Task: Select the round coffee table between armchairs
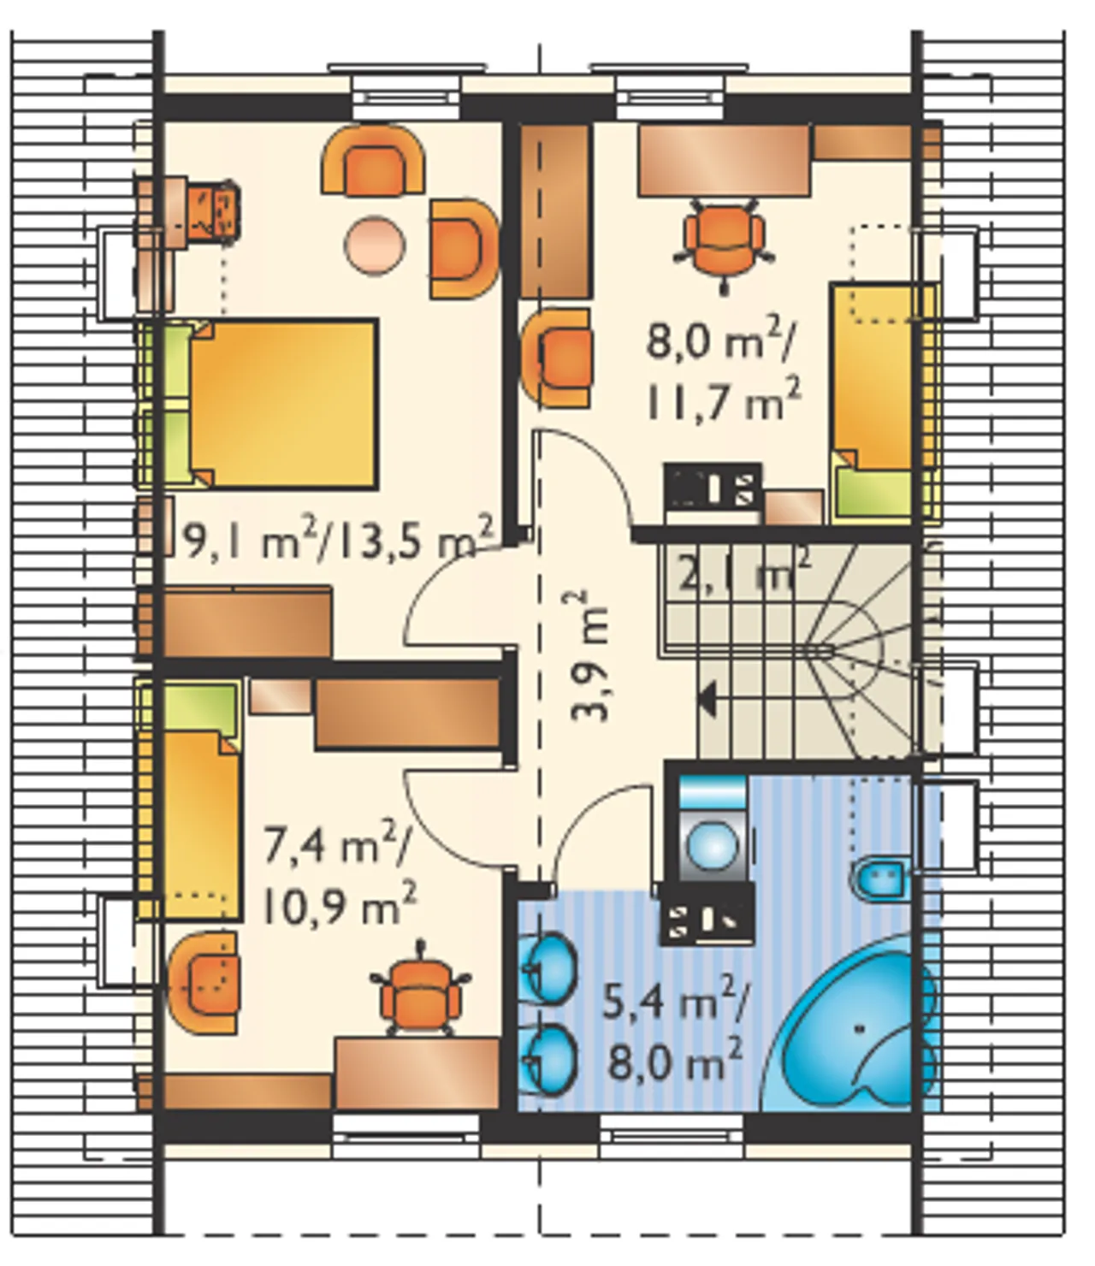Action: (374, 247)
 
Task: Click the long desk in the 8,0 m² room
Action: (725, 161)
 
